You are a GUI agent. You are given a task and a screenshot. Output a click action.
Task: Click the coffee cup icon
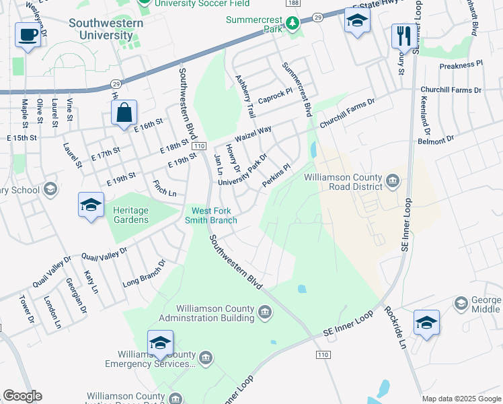[28, 35]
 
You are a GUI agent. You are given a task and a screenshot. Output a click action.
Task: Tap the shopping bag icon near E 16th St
[124, 113]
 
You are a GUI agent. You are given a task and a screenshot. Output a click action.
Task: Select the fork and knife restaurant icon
[403, 36]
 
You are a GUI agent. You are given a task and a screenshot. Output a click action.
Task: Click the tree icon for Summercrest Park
[293, 24]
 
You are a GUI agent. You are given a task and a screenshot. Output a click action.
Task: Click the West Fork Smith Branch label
[211, 215]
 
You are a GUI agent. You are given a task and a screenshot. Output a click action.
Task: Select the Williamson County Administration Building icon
[266, 311]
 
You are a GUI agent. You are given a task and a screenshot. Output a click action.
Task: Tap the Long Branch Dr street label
[144, 275]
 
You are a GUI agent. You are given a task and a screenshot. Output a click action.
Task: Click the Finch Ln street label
[164, 189]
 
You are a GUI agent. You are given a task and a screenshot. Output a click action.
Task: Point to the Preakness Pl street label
[461, 65]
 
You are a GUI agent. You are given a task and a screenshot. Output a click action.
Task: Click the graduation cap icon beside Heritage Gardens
[91, 205]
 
